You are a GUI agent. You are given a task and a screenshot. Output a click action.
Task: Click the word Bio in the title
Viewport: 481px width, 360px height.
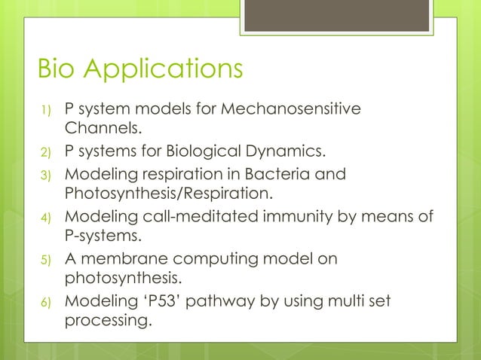point(60,70)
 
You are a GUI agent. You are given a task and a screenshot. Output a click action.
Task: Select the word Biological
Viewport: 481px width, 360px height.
point(204,155)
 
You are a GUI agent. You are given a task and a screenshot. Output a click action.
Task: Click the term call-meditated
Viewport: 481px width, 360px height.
point(184,218)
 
